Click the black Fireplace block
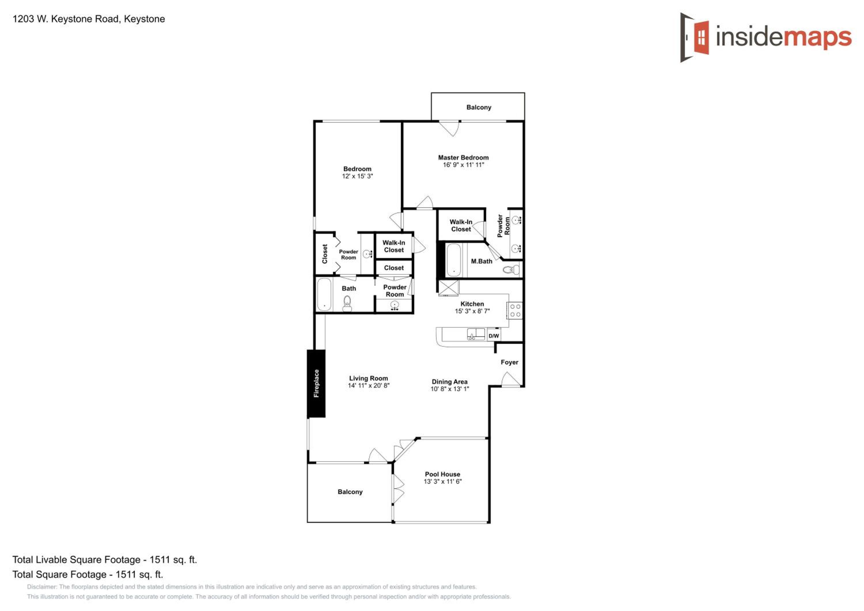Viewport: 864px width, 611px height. tap(316, 383)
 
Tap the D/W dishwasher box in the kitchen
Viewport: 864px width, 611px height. tap(494, 336)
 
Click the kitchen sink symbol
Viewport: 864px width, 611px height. tap(476, 334)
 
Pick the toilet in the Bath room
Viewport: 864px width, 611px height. tap(347, 303)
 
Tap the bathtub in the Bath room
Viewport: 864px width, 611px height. tap(324, 295)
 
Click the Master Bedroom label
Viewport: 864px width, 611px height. tap(463, 158)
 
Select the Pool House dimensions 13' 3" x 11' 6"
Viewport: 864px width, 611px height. tap(443, 482)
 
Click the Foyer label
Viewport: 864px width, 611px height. tap(509, 362)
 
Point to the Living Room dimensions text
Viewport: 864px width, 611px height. tap(368, 385)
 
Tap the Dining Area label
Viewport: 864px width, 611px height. tap(449, 382)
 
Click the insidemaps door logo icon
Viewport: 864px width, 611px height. tap(694, 38)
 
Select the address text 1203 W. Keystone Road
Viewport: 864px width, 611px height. tap(66, 19)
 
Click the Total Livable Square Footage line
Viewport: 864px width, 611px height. tap(105, 559)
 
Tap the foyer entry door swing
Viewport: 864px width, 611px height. tap(511, 379)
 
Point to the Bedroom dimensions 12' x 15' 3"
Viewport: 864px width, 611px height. tap(357, 176)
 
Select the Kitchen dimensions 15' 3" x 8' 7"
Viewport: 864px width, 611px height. tap(472, 311)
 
